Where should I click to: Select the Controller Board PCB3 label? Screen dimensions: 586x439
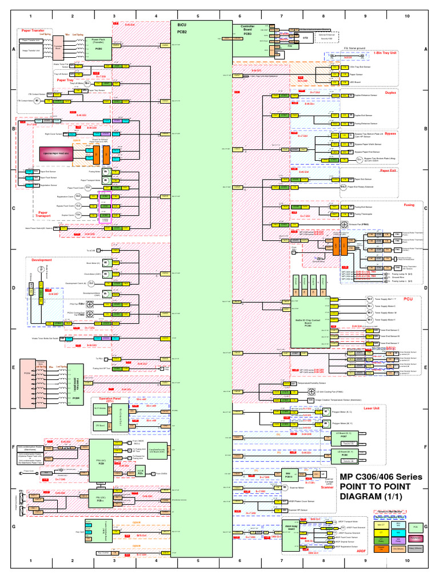click(248, 30)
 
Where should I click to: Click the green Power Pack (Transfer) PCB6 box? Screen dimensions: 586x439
click(98, 44)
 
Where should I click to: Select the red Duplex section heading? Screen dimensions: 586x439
click(391, 93)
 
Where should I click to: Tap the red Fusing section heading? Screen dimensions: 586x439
click(393, 204)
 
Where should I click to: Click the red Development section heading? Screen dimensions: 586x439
click(42, 259)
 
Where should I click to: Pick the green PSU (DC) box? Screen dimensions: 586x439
click(101, 498)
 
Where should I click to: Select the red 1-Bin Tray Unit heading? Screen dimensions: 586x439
click(401, 53)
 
